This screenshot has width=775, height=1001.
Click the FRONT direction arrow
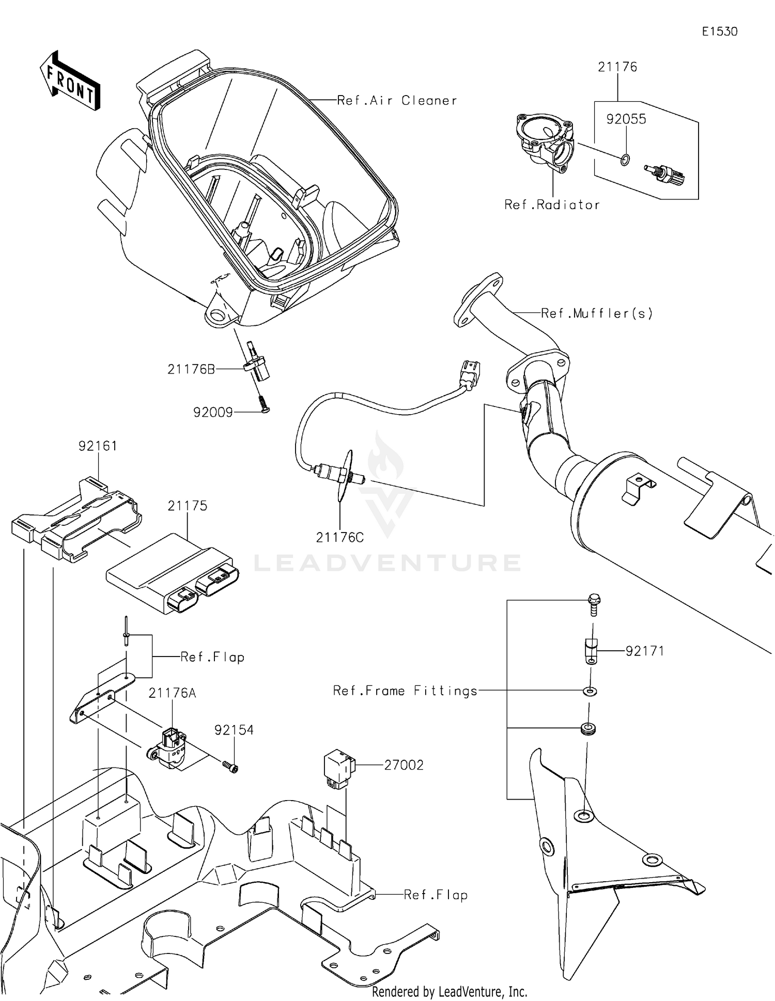[x=70, y=82]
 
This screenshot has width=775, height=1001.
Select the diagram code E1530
[x=719, y=32]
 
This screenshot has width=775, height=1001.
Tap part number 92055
[x=626, y=119]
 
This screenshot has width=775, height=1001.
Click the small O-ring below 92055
[x=625, y=160]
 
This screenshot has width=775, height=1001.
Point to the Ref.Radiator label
[x=552, y=205]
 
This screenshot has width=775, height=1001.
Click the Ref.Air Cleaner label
[x=397, y=101]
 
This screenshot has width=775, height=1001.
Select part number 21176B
[x=191, y=369]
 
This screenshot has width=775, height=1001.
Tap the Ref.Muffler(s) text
[x=597, y=313]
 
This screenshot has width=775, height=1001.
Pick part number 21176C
[x=340, y=538]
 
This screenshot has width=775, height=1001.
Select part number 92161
[x=98, y=446]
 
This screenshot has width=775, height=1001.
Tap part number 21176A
[x=172, y=693]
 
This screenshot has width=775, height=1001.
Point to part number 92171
[x=644, y=651]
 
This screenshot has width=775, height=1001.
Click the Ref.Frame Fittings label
[x=405, y=691]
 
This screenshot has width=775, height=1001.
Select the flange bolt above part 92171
[x=594, y=605]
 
